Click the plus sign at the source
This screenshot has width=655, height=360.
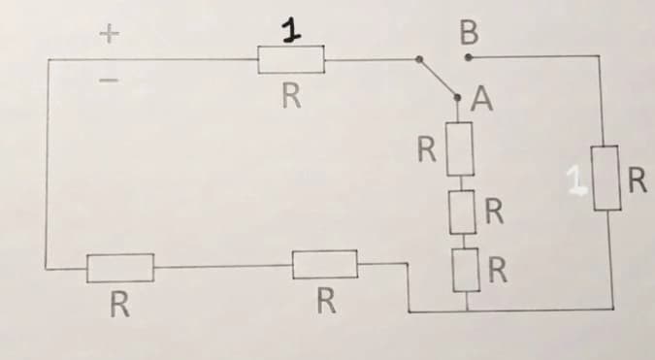tap(110, 34)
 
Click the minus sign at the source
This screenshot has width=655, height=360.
tap(110, 80)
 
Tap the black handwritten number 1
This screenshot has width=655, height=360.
tap(291, 30)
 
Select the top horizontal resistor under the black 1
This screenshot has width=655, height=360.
tap(291, 60)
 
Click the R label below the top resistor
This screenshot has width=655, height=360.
tap(291, 96)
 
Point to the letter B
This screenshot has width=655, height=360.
tap(469, 33)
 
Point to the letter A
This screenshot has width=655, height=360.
tap(481, 99)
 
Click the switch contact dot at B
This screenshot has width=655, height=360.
tap(469, 57)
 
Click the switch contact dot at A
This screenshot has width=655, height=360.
tap(457, 97)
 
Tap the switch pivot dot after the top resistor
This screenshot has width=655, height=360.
tap(419, 59)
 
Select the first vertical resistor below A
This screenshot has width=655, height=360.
tap(460, 148)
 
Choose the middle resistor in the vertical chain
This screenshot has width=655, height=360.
tap(463, 213)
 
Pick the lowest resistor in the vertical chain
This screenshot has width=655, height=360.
tap(466, 270)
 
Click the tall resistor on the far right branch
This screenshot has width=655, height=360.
tap(606, 178)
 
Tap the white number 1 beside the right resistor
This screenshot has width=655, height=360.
tap(575, 180)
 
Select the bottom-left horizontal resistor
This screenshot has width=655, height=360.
tap(120, 268)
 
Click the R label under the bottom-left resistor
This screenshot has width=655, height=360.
tap(120, 305)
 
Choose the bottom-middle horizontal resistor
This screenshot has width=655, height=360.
tap(325, 264)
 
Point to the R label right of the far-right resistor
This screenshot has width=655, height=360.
tap(638, 180)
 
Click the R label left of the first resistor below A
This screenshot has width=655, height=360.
tap(427, 149)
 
